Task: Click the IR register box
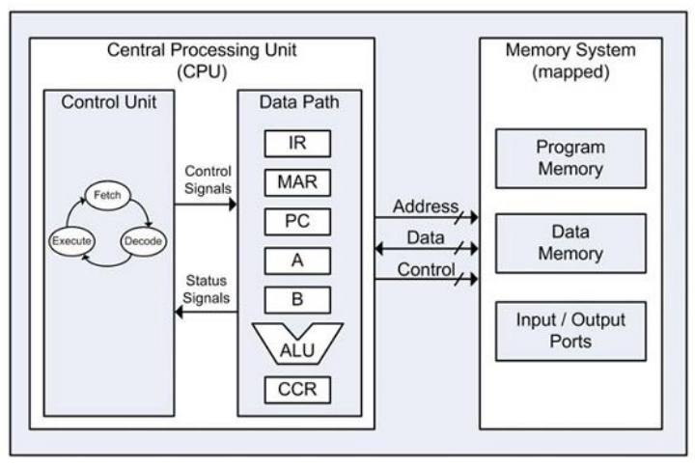tap(297, 144)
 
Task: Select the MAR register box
tap(297, 181)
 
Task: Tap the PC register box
tap(297, 220)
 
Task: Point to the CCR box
tap(297, 391)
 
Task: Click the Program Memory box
tap(570, 161)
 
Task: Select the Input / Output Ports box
tap(570, 331)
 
